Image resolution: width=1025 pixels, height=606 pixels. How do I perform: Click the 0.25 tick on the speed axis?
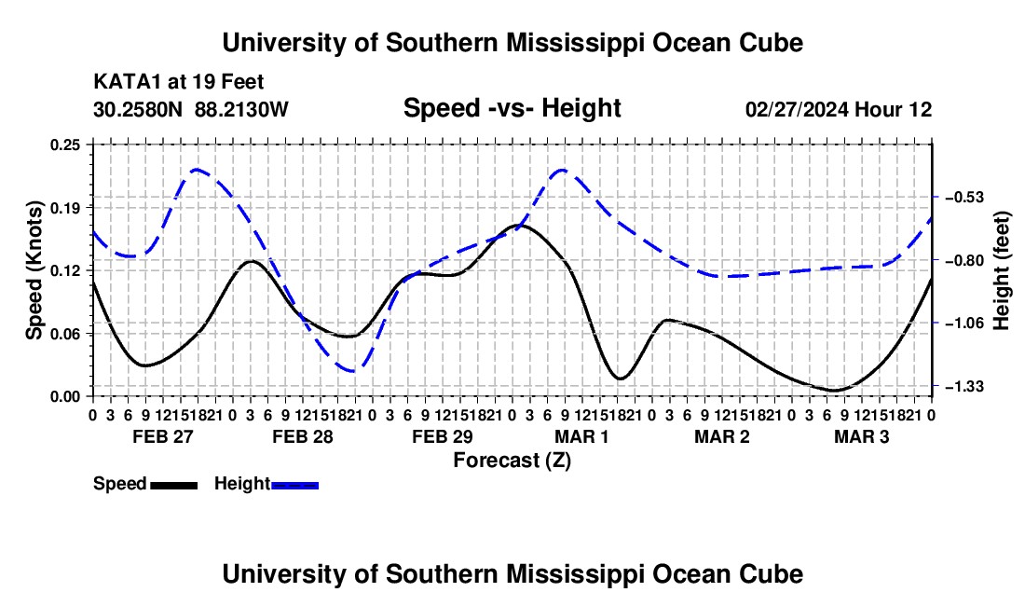coord(64,145)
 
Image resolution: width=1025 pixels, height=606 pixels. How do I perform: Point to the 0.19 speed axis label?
coord(64,208)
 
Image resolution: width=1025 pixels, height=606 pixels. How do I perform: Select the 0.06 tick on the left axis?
coord(64,334)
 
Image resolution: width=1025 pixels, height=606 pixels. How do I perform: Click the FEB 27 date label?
coord(163,436)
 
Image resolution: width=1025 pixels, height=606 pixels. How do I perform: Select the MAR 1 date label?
coord(581,436)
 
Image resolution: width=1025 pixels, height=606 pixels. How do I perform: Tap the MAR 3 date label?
coord(862,436)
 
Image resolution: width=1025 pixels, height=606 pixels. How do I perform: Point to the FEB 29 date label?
coord(443,436)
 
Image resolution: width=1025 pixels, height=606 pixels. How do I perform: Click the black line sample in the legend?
coord(174,486)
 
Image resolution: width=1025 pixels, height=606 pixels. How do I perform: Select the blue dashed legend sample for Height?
coord(294,486)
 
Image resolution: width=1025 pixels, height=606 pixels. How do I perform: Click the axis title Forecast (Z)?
coord(512,461)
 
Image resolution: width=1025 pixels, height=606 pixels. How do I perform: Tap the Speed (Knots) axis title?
coord(34,270)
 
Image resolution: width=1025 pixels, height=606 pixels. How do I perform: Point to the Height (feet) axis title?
coord(1002,270)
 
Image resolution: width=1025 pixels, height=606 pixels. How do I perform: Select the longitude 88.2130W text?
coord(241,109)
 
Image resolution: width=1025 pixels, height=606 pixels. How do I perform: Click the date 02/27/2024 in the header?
coord(798,109)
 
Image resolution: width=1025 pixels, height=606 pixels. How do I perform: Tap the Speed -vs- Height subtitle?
coord(512,108)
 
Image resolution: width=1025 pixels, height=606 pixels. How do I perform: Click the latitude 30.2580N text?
coord(138,109)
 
